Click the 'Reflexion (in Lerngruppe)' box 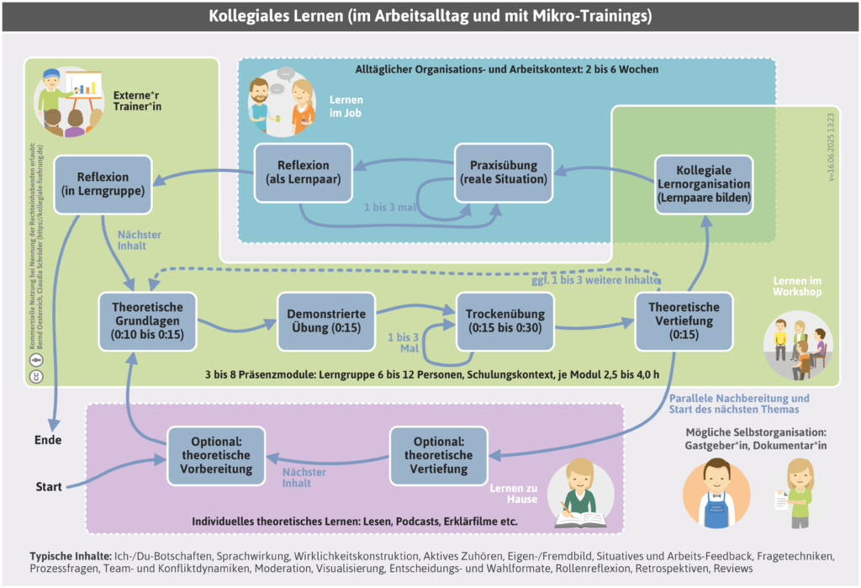[103, 184]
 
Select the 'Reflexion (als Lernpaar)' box [303, 172]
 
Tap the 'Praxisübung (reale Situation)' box [504, 172]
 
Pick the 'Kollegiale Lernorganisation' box [704, 184]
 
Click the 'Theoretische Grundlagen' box [148, 321]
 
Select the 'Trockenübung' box [504, 321]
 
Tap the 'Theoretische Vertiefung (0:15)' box [684, 321]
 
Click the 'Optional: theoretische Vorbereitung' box [215, 456]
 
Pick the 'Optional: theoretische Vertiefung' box [438, 456]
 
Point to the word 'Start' [49, 487]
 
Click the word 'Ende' [48, 440]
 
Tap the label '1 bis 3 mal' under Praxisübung [390, 207]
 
